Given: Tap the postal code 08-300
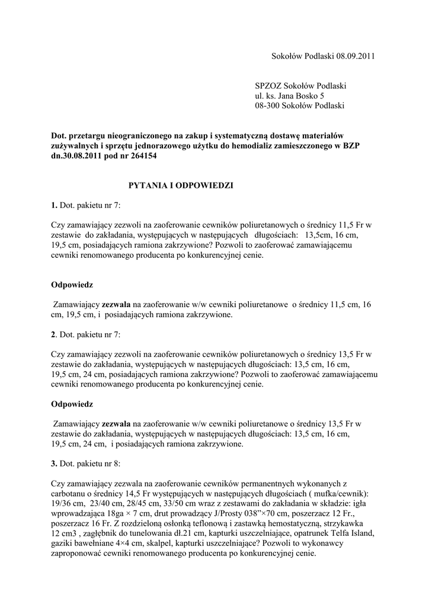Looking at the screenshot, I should tap(267, 106).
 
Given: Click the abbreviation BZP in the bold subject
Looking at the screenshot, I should tap(357, 146).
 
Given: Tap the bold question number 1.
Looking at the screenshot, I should tap(54, 206).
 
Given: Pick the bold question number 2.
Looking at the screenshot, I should tap(54, 335).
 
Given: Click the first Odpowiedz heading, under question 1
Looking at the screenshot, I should tap(72, 285).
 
